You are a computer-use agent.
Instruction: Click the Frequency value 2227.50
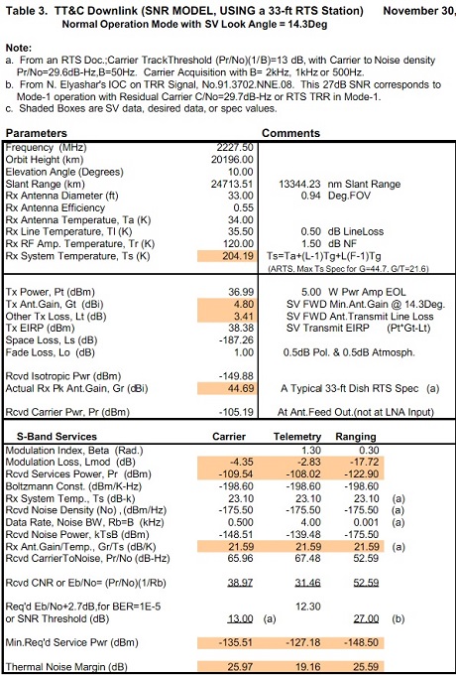coord(235,148)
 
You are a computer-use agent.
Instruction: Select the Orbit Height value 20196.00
coord(232,160)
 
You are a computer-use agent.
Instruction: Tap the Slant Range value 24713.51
coord(232,185)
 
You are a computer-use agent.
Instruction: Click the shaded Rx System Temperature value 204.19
coord(238,256)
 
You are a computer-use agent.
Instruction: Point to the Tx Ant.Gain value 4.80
coord(243,304)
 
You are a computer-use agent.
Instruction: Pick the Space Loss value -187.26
coord(236,340)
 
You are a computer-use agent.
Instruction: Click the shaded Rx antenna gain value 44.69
coord(240,388)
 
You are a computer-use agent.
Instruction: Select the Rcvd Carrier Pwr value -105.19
coord(236,412)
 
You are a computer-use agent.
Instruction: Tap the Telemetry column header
coord(297,437)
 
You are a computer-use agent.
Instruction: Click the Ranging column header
coord(356,437)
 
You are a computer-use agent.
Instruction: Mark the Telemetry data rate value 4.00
coord(310,522)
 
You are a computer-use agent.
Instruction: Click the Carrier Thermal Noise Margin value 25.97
coord(240,667)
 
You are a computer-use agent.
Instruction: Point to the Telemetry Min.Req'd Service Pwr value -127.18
coord(303,642)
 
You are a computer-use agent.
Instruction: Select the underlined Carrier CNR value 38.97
coord(240,583)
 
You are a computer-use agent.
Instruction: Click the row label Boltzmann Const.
coord(40,486)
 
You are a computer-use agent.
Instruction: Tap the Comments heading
coord(291,133)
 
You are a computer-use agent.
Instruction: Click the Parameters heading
coord(36,133)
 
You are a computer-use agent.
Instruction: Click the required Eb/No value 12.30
coord(308,607)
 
